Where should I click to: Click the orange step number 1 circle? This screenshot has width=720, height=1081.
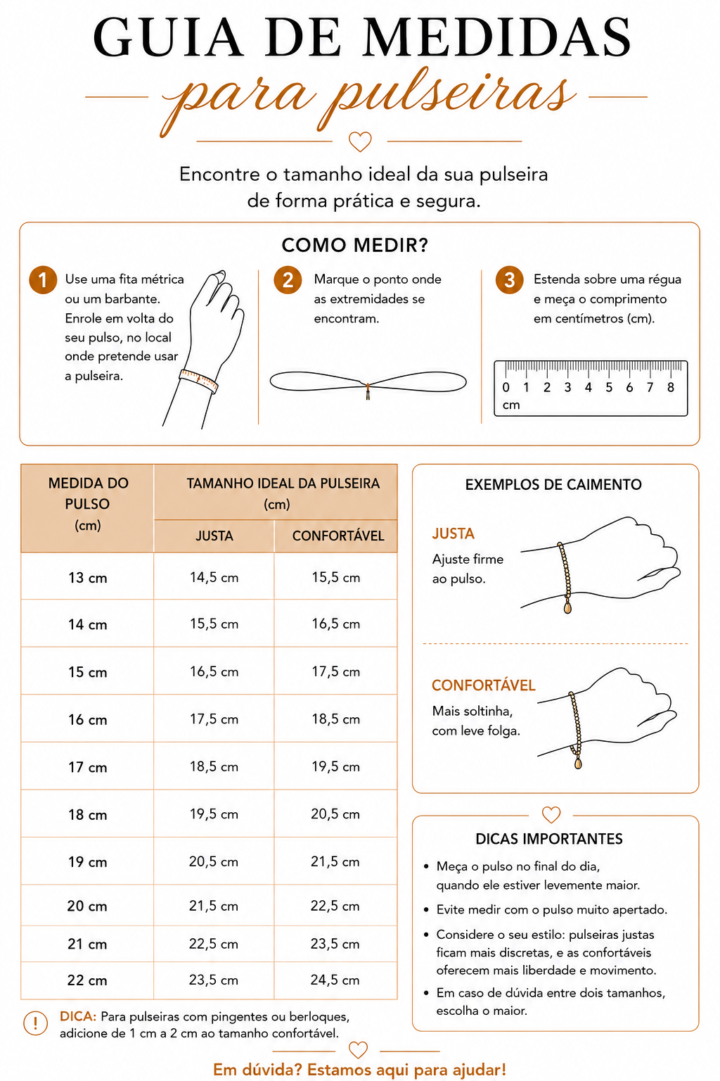click(x=43, y=280)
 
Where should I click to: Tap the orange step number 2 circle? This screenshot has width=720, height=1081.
click(x=288, y=280)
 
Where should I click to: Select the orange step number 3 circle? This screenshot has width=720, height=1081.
click(x=509, y=280)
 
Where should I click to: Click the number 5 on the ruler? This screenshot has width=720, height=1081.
click(x=609, y=387)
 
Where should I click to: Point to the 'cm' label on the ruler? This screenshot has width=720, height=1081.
click(x=511, y=405)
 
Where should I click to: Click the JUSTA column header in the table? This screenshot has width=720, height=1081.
click(x=214, y=536)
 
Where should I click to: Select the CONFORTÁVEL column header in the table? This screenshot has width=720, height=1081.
click(x=338, y=536)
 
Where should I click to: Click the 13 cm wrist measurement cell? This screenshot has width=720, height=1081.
click(x=87, y=578)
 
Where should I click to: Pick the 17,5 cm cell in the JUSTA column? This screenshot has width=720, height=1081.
click(x=214, y=719)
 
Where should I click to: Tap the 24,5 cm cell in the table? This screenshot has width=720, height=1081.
click(x=335, y=980)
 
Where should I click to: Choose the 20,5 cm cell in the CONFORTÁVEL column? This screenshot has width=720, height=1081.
click(x=335, y=814)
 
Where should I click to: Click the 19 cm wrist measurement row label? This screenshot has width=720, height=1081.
click(x=87, y=862)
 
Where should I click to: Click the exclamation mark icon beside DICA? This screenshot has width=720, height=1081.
click(x=35, y=1023)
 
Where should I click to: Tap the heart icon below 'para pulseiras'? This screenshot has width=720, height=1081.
click(x=360, y=142)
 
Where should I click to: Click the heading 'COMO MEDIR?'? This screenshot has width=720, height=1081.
click(x=355, y=245)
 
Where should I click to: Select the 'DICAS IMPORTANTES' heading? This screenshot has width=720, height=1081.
click(x=549, y=839)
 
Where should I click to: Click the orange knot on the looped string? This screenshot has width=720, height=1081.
click(x=368, y=391)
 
